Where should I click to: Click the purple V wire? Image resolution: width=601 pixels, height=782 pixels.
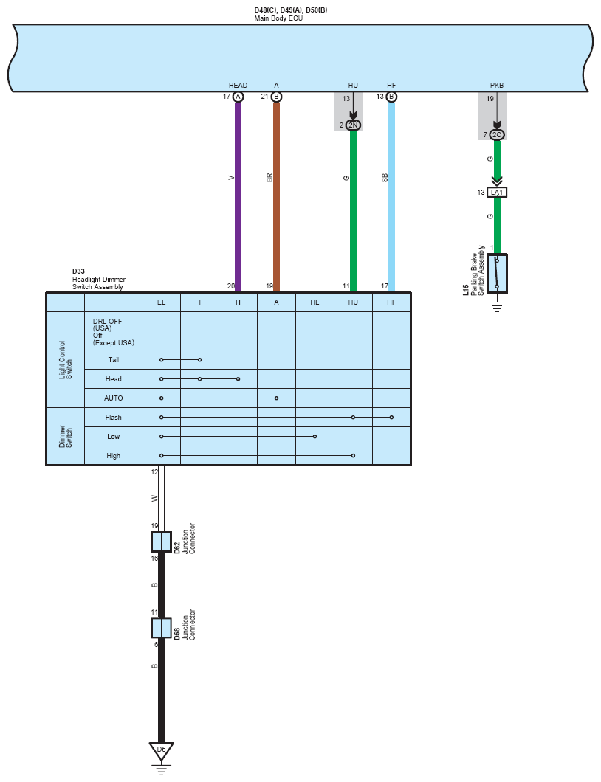[238, 197]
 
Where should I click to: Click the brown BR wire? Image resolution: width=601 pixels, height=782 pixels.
[277, 197]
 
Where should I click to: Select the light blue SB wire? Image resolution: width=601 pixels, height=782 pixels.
[392, 197]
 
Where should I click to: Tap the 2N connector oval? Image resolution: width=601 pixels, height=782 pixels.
[354, 125]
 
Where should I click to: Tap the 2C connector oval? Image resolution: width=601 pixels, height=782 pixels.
[497, 135]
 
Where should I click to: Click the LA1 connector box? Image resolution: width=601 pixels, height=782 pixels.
[497, 193]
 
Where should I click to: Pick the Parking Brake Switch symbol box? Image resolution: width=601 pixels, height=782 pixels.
[497, 273]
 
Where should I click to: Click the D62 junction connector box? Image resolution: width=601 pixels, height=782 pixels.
[161, 541]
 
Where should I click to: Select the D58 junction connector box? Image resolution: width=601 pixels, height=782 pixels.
[161, 628]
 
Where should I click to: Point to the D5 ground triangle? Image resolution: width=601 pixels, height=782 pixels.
[161, 751]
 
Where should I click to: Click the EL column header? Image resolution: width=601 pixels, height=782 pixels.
[161, 302]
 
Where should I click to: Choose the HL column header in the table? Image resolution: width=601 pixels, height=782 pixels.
[315, 302]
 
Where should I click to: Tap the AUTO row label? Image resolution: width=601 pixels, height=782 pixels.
[113, 398]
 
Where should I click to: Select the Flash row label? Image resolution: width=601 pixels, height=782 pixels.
[113, 418]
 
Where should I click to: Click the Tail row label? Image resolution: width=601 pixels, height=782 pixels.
[113, 359]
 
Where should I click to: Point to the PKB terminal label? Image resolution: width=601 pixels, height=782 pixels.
[497, 86]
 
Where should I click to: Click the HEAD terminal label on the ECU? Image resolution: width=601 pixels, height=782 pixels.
[238, 86]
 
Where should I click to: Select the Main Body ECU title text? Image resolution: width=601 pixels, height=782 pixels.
[278, 18]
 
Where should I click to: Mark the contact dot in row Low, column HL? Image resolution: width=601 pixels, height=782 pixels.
[315, 437]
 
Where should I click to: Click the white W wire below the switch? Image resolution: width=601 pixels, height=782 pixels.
[161, 499]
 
